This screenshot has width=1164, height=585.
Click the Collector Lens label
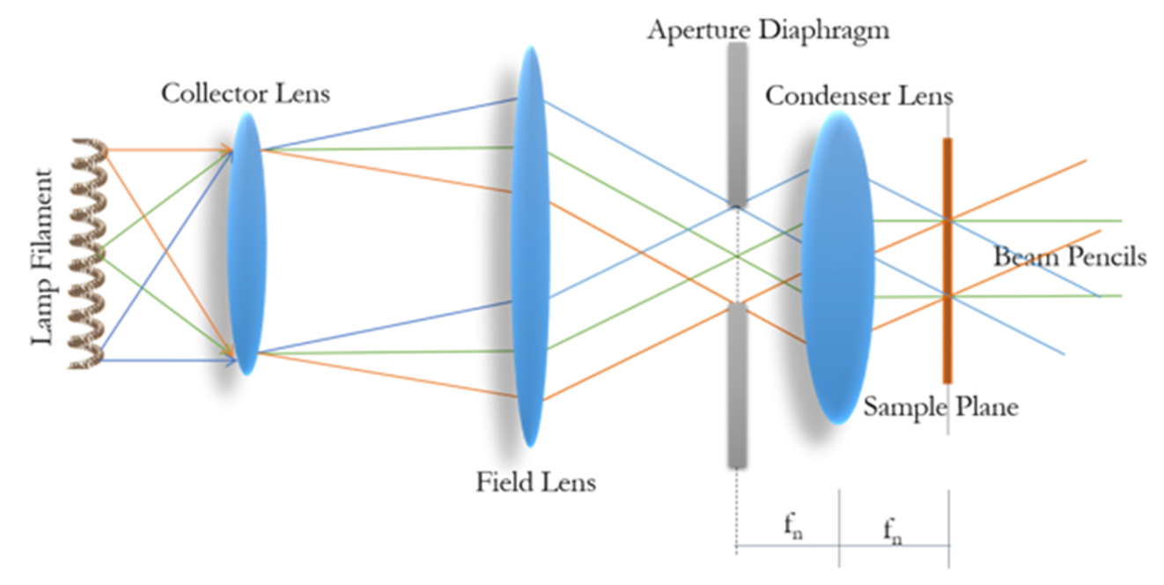[245, 93]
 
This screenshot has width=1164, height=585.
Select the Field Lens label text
[535, 482]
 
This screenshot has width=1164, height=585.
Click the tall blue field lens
[529, 247]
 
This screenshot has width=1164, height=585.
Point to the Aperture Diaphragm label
[768, 30]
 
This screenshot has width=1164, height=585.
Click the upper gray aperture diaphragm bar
[737, 123]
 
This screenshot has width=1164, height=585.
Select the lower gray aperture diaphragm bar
[737, 384]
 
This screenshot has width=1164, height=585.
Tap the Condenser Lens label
[858, 94]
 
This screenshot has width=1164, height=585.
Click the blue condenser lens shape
[837, 264]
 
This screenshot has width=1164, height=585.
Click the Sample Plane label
[939, 407]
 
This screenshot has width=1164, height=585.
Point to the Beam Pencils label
[1070, 256]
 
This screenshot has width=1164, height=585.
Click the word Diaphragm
[836, 30]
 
